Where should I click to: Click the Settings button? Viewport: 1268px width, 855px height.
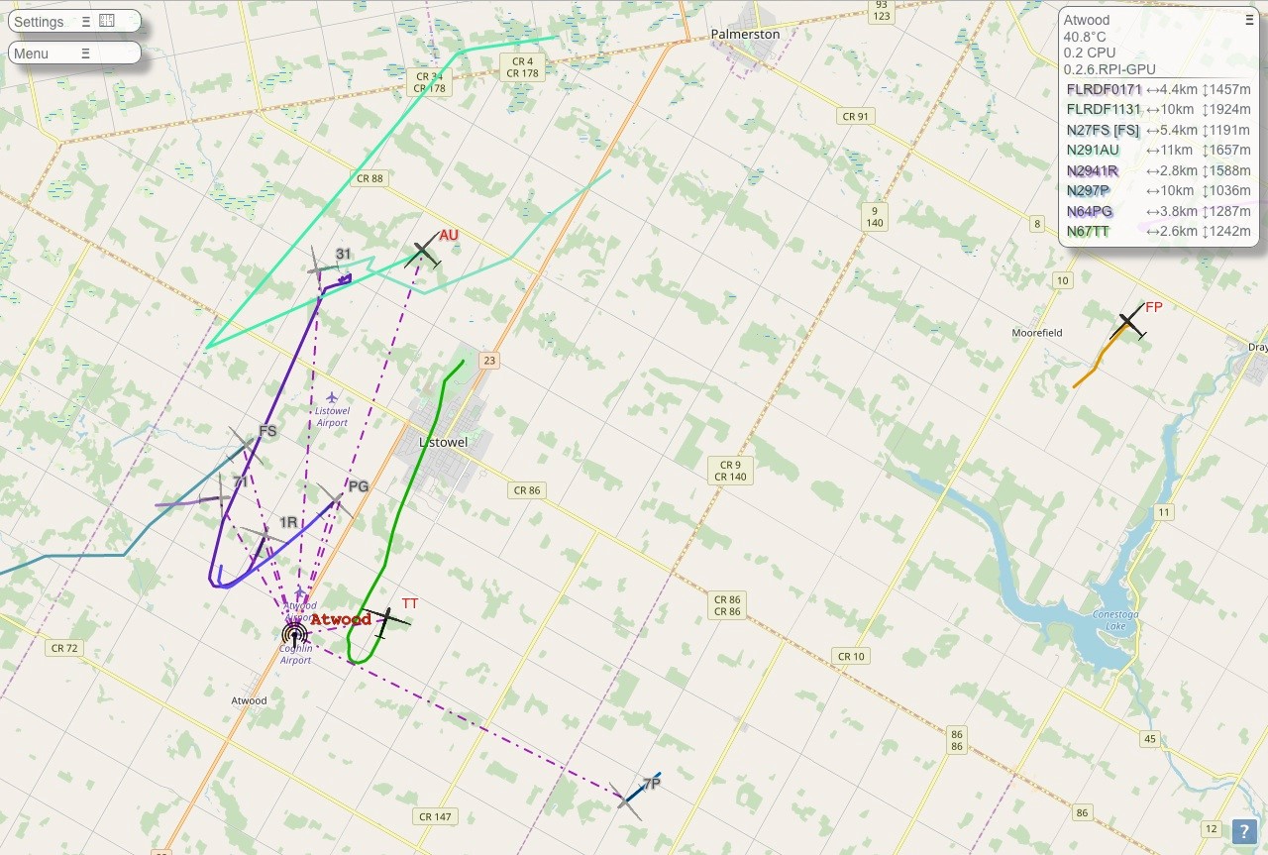40,22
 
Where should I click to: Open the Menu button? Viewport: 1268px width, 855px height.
32,53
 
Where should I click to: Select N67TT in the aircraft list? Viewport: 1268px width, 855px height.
1088,232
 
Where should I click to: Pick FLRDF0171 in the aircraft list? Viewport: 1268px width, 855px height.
1104,89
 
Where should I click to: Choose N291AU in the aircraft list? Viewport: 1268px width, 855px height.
1093,151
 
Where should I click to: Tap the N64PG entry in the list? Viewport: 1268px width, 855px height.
1090,211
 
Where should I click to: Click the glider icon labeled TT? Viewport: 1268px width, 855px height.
384,620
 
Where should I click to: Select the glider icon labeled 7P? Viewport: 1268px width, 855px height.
628,799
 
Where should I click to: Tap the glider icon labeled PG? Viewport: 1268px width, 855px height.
334,499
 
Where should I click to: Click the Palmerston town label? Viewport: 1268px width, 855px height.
745,34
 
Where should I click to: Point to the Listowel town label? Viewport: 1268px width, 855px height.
443,442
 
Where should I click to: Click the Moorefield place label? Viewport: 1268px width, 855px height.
1036,333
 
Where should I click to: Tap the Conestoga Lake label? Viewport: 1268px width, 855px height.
1115,620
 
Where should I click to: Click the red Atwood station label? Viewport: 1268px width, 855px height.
341,620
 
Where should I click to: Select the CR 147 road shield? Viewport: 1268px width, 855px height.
435,816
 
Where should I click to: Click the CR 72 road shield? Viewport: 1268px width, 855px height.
63,648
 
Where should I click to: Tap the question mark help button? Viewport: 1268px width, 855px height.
1244,833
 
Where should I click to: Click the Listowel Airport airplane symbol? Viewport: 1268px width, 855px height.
332,397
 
